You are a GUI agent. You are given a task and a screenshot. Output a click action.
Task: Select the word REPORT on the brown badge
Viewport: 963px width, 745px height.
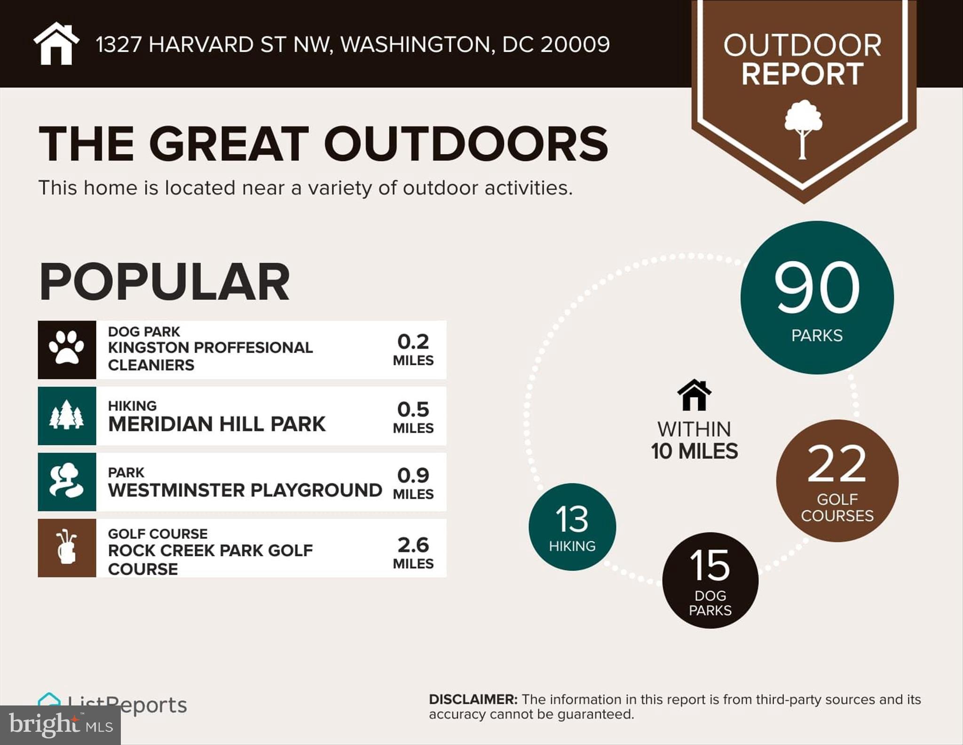click(803, 74)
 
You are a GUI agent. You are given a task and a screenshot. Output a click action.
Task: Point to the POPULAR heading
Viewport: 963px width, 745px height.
click(164, 282)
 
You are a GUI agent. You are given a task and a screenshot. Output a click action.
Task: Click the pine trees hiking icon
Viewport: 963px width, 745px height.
click(67, 416)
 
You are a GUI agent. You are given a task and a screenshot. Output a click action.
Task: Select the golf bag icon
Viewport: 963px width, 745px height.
click(67, 548)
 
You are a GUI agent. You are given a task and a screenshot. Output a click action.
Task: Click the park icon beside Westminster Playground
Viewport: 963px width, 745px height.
click(67, 481)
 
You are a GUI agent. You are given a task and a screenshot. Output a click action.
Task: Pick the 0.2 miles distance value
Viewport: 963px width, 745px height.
click(413, 342)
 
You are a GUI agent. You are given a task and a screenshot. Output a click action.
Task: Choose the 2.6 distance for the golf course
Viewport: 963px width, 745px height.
click(413, 545)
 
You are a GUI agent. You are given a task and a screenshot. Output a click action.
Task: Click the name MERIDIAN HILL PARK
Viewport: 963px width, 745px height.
click(216, 424)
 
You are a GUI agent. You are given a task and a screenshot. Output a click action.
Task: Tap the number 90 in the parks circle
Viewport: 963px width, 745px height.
click(817, 288)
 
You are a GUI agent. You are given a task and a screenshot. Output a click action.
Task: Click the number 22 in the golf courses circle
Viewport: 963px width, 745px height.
click(837, 464)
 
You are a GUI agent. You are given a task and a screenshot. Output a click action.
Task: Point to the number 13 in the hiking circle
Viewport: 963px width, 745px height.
click(572, 519)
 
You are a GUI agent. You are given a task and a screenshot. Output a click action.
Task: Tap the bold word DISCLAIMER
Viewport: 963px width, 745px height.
click(473, 699)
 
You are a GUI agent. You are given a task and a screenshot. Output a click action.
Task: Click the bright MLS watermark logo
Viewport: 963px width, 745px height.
click(60, 725)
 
